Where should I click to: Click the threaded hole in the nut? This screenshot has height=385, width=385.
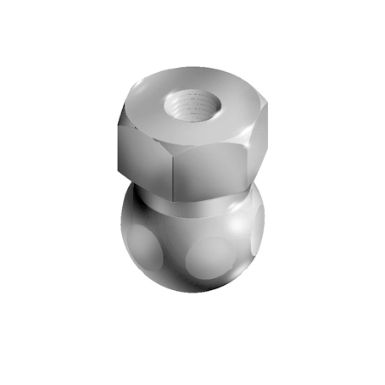tap(194, 107)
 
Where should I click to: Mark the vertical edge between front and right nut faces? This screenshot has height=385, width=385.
tap(249, 161)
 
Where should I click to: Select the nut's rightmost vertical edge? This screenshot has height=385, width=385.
tap(269, 136)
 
